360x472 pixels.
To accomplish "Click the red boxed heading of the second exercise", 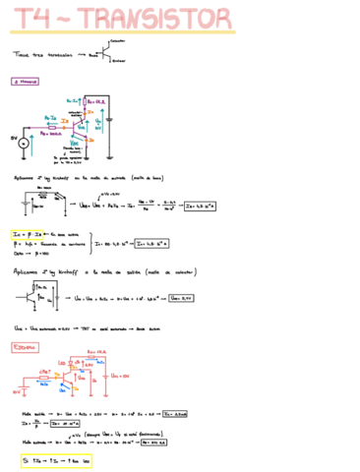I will click(26, 347).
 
